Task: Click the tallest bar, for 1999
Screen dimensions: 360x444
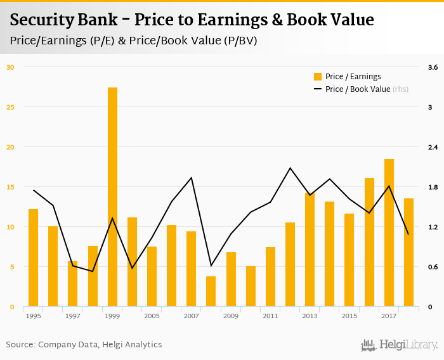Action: click(x=112, y=197)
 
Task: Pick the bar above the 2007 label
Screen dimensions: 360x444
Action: click(x=191, y=269)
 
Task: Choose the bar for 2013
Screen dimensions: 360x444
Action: click(x=310, y=250)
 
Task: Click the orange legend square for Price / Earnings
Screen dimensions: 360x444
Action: click(x=318, y=77)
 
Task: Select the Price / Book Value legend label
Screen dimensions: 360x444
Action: click(x=358, y=89)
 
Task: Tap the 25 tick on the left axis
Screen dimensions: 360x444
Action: click(x=10, y=106)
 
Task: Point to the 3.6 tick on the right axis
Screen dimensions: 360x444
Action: click(x=433, y=67)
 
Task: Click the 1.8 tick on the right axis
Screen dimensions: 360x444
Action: click(x=433, y=187)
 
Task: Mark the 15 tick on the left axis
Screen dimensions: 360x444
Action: click(x=10, y=187)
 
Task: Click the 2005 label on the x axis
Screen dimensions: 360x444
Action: click(x=152, y=316)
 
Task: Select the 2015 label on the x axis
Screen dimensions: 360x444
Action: click(x=349, y=316)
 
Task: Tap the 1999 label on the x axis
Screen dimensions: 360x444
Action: click(x=112, y=316)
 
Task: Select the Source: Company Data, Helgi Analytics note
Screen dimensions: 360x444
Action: click(x=84, y=345)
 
